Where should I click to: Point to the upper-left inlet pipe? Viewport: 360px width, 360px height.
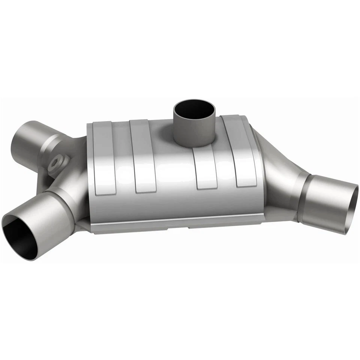coord(28,141)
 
